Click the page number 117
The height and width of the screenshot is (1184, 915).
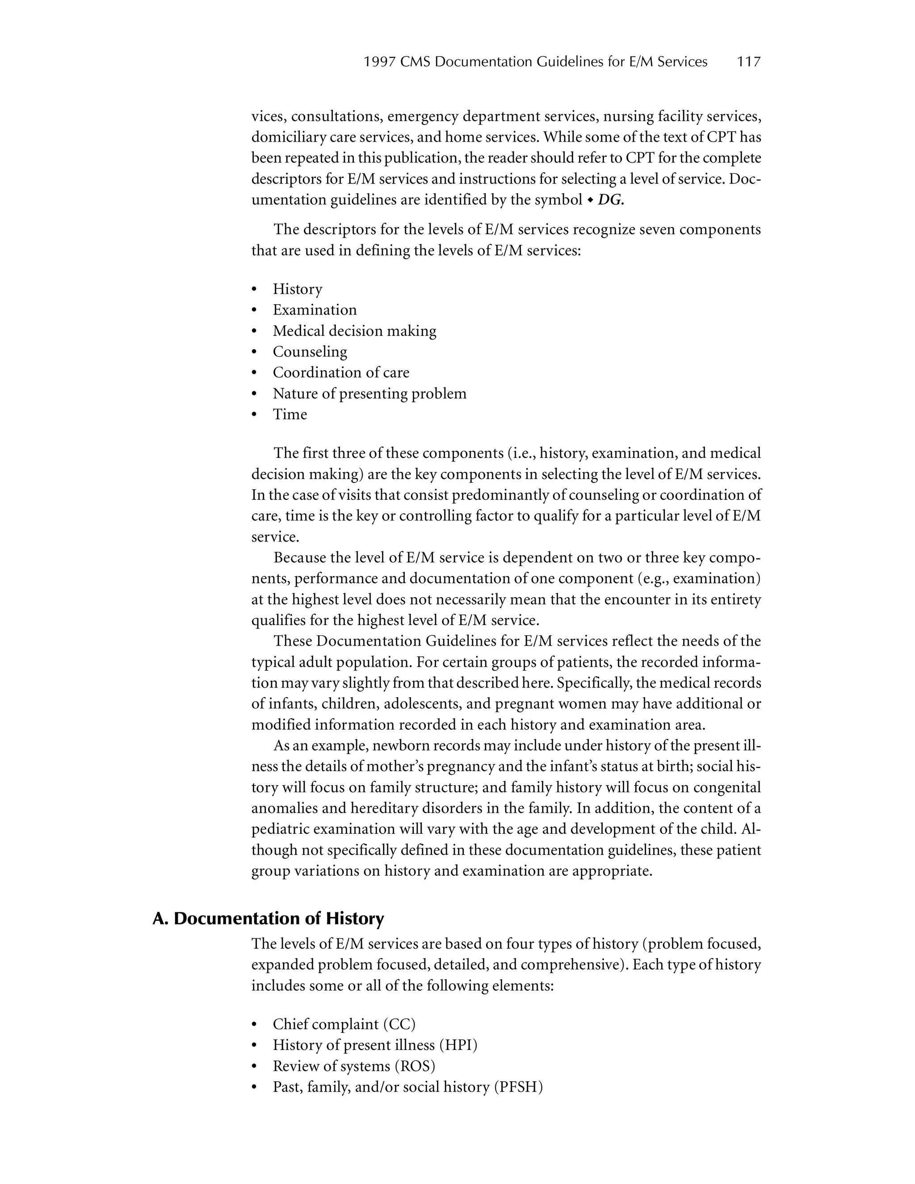[x=749, y=62]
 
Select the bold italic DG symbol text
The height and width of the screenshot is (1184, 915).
[x=610, y=200]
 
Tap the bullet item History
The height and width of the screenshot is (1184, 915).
[x=298, y=289]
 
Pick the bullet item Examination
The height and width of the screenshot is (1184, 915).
[x=315, y=310]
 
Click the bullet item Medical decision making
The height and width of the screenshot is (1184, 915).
[x=354, y=331]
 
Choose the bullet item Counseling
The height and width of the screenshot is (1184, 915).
[x=310, y=352]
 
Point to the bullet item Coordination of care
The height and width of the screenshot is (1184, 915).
[x=341, y=373]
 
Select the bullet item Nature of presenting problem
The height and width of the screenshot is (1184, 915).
[x=369, y=394]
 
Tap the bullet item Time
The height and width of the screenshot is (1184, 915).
[x=290, y=414]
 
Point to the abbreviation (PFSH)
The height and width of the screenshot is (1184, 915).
[x=518, y=1087]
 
